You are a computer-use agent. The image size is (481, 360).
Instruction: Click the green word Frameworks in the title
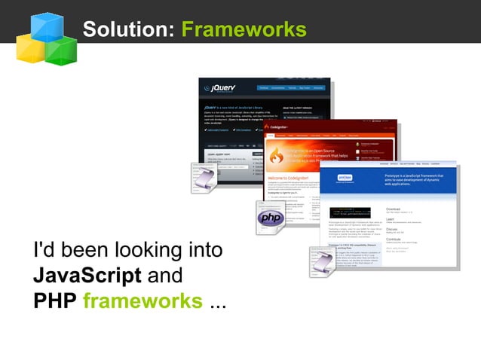244,29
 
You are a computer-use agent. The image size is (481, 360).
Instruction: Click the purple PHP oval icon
270,218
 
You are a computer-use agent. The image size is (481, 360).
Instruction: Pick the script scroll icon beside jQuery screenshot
204,178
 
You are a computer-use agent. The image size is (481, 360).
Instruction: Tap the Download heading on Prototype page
394,209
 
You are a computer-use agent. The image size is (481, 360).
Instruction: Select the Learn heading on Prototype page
391,219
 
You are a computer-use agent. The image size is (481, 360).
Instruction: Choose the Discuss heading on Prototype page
393,230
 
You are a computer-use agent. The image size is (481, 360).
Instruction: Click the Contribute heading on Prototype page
396,240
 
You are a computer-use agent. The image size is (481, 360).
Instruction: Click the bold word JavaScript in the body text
87,275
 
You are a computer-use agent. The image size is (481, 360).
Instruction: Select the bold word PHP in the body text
54,301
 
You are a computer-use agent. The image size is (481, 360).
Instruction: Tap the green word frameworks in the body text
142,301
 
